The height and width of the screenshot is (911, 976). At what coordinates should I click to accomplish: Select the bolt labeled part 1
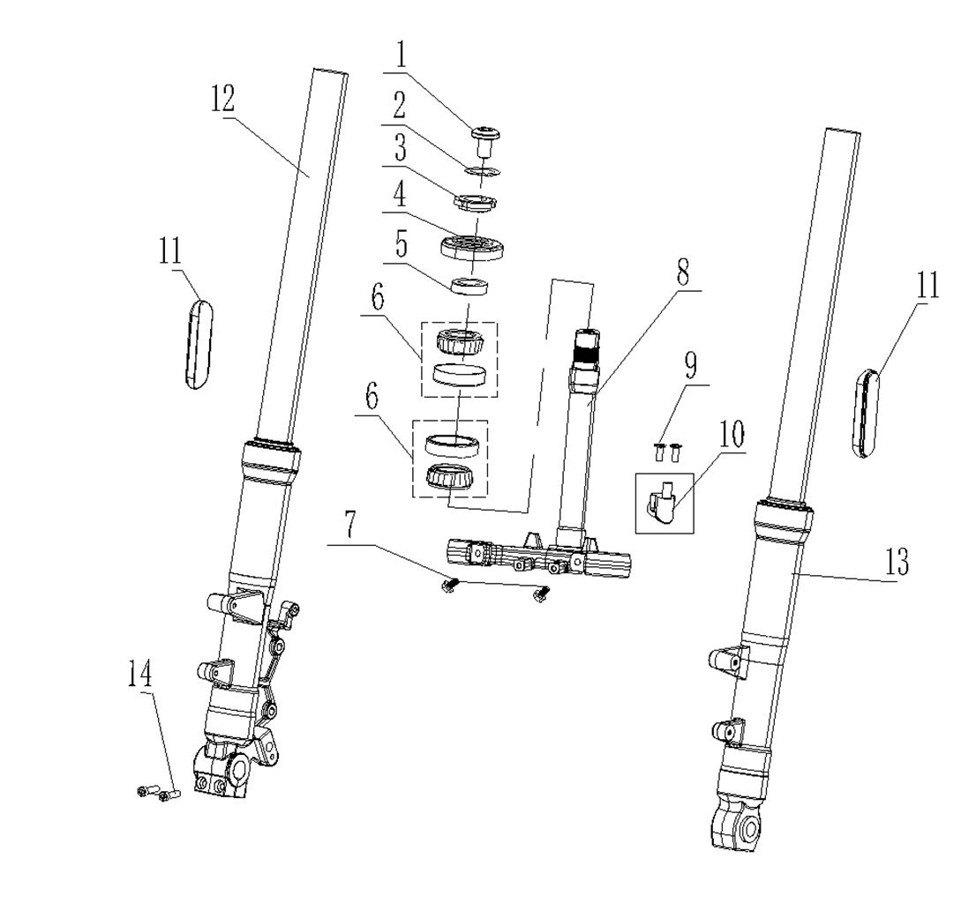pyautogui.click(x=484, y=138)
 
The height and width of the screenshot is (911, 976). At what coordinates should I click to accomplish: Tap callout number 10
pyautogui.click(x=732, y=435)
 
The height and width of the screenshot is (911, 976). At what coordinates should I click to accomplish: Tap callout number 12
pyautogui.click(x=222, y=99)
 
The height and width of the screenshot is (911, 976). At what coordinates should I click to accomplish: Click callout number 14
pyautogui.click(x=139, y=675)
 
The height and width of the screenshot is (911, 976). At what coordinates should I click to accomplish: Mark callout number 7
pyautogui.click(x=349, y=526)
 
